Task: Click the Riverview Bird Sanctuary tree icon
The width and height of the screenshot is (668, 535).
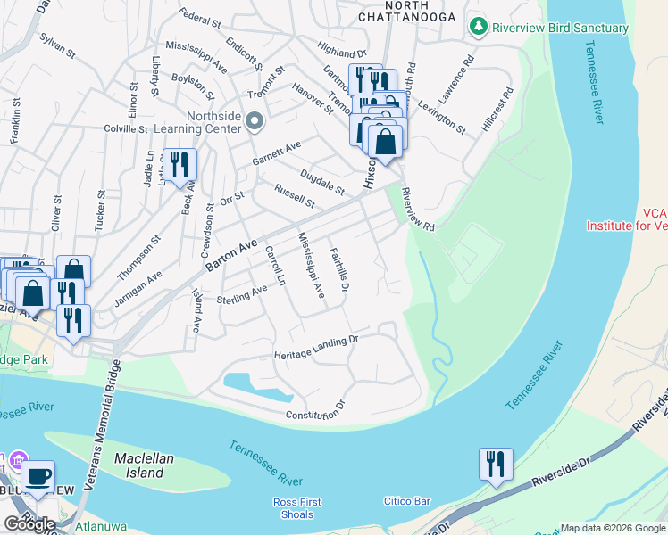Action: click(x=479, y=28)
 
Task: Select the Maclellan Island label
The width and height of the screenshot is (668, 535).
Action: click(x=139, y=465)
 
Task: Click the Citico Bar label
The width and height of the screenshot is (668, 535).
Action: click(x=401, y=502)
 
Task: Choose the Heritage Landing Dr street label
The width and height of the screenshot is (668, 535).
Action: click(x=316, y=346)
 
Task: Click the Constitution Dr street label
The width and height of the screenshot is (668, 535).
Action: click(x=314, y=411)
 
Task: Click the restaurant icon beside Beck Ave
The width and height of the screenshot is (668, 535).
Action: click(x=180, y=164)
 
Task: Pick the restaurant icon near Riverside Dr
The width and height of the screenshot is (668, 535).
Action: click(x=495, y=463)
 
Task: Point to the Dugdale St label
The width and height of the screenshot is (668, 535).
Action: click(x=322, y=183)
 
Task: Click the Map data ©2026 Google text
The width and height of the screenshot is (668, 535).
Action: click(x=612, y=528)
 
